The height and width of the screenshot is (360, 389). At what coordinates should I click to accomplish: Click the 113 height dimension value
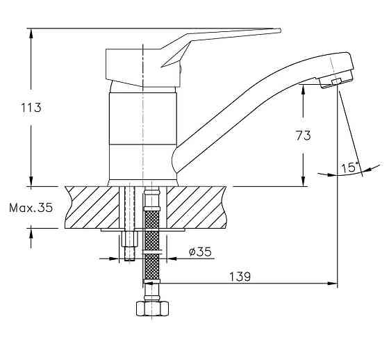click(31, 108)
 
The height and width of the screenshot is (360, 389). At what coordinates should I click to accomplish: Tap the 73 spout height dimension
click(303, 136)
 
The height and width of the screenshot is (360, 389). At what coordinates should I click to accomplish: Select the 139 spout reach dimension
click(240, 277)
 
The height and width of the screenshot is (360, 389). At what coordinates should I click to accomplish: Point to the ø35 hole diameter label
click(200, 252)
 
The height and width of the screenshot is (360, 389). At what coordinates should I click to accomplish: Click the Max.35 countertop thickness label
click(31, 208)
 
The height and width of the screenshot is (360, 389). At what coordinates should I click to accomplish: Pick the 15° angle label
click(350, 167)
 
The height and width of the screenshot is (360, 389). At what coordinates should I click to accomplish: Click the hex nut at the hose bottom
click(152, 308)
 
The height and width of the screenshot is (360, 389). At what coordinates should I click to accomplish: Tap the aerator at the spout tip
click(336, 79)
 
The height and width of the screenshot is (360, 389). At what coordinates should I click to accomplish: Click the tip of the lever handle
click(280, 30)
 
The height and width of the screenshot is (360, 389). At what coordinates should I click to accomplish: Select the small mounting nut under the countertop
click(129, 239)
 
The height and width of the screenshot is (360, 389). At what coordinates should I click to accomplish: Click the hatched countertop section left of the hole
click(92, 207)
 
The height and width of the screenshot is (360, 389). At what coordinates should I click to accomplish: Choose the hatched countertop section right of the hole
click(197, 207)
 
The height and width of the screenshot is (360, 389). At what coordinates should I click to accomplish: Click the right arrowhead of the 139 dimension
click(333, 283)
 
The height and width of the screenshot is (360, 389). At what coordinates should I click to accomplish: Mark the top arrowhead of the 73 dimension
click(303, 90)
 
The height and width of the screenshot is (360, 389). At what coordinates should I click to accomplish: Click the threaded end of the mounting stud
click(129, 253)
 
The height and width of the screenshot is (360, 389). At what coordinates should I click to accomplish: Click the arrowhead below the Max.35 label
click(31, 234)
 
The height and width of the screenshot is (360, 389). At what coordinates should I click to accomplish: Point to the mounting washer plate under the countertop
click(142, 230)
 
